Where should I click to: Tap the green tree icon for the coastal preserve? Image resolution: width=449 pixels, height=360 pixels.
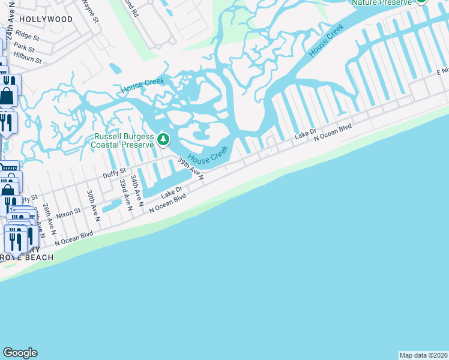click(163, 140)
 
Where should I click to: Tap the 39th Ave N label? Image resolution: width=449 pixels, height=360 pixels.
click(191, 169)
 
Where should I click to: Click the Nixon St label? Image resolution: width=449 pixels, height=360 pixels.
click(68, 212)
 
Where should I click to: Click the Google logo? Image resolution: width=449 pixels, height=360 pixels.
click(20, 353)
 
